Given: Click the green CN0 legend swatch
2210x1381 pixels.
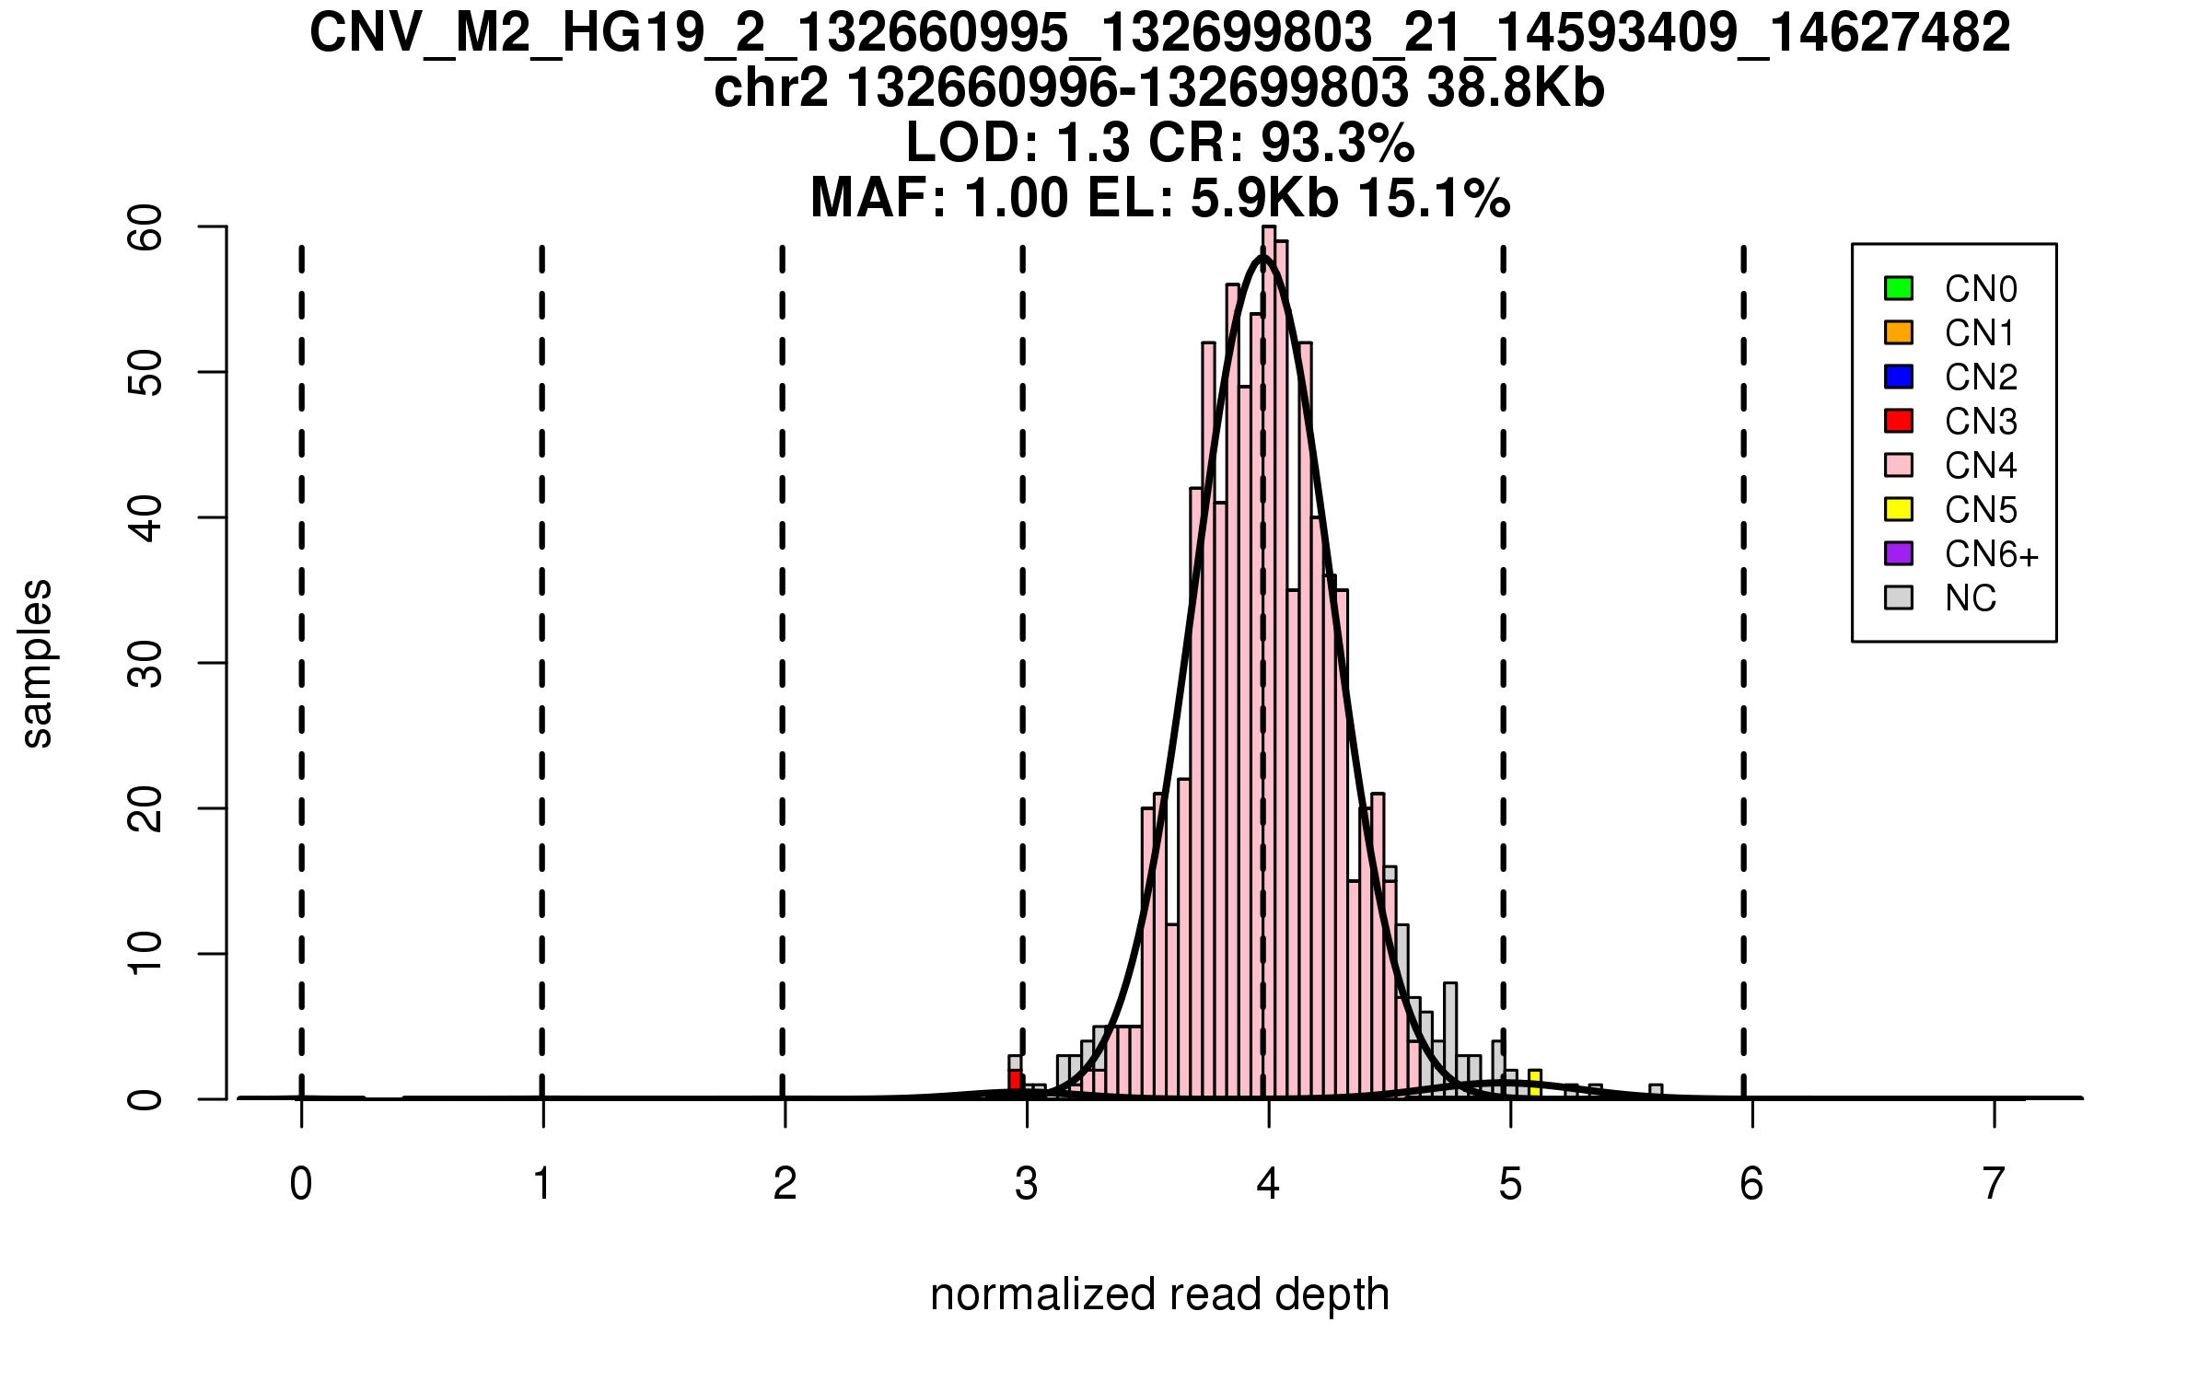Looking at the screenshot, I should [1898, 288].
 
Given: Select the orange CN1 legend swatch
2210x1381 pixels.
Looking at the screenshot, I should [1898, 332].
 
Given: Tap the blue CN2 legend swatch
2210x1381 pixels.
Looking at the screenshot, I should [1898, 377].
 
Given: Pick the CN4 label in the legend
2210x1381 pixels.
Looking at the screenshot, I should [1980, 466].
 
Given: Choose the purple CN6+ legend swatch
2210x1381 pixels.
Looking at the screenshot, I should [1898, 553].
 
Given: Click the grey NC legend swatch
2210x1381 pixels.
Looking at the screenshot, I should [1898, 598].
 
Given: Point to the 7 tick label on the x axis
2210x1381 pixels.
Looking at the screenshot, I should [1994, 1184].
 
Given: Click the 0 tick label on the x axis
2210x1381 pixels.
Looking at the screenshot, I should [301, 1184].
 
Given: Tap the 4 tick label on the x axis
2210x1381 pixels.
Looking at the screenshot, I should [1268, 1184].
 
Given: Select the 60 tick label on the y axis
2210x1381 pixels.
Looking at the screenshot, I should [145, 227].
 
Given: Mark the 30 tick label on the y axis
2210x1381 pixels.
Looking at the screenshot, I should [145, 664].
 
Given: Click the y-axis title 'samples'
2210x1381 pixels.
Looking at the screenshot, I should [37, 663].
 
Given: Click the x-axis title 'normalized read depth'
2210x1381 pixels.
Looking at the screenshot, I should [1159, 1294].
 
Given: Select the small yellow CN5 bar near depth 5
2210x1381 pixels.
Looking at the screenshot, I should [1534, 1084].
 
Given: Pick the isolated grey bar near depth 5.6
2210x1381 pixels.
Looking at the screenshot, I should [1655, 1092].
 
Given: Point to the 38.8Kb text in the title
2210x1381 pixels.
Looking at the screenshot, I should [1516, 88].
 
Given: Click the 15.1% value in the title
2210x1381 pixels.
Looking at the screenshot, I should [1434, 199].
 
